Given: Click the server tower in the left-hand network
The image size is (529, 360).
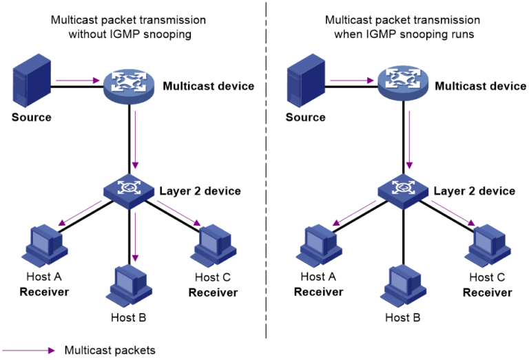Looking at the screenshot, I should pos(32,80).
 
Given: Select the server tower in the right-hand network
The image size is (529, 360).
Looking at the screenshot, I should pos(306,80).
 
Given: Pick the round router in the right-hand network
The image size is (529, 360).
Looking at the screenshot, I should pos(403,83).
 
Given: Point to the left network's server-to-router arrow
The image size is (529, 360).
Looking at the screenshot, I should pos(77,81).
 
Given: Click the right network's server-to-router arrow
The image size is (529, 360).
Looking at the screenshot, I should pos(351,81).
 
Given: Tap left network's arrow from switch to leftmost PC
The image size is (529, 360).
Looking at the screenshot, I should pos(80,213).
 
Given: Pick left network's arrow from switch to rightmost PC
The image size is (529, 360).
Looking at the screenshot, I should pos(179,213).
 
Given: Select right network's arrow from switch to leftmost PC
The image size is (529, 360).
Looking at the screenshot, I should pos(354,213).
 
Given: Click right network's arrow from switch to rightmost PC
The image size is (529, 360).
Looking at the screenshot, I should pos(453,213).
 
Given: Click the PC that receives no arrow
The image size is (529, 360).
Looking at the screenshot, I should pos(404,285).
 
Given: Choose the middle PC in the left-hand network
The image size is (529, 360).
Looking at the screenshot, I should pos(129,284).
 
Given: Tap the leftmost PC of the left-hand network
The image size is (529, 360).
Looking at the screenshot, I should pos(45,244).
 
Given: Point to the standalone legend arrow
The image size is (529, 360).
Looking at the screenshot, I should pos(29,350).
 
